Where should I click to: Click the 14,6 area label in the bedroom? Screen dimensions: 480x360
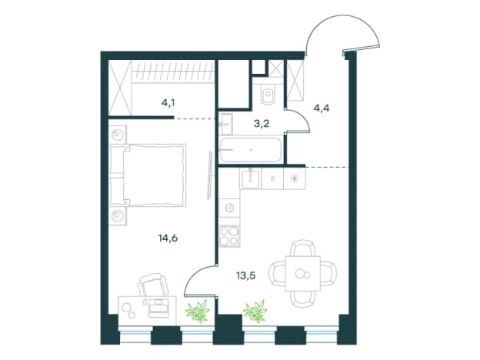pos(168,238)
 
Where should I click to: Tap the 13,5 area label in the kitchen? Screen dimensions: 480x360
pos(246,275)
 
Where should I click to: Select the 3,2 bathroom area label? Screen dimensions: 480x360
pos(262,124)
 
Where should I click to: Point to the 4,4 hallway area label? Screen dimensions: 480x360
pos(321,108)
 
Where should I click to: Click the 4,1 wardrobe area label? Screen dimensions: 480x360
pos(168,103)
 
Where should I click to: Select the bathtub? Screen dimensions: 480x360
pos(251,150)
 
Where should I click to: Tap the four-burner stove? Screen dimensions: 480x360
pos(229,235)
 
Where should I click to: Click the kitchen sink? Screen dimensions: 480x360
pos(251,179)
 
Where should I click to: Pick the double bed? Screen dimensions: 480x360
pos(148,175)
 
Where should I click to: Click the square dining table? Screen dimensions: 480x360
pos(302,274)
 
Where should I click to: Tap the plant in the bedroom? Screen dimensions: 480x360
pos(198,312)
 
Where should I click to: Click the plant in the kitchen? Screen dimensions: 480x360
pos(255,312)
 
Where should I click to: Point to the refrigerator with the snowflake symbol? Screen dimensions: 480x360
pos(295,178)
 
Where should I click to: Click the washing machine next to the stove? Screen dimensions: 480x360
pos(229,208)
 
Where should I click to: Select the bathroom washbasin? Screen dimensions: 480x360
pos(226,124)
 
